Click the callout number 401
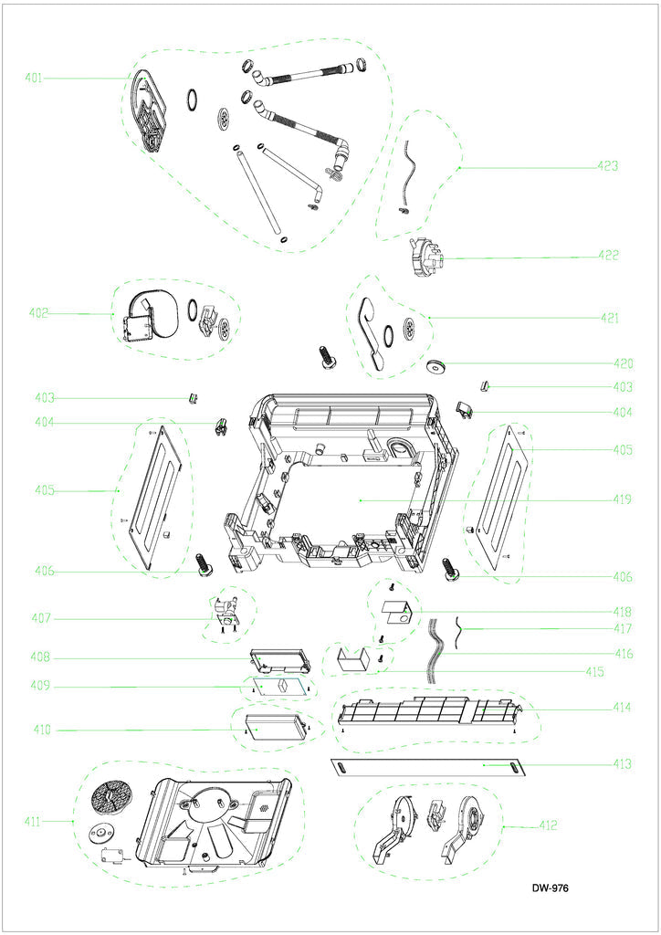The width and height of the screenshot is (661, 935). coord(34,79)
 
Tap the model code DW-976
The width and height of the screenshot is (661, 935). coord(551,888)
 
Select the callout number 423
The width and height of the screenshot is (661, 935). coord(608,166)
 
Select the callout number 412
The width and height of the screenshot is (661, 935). coord(547,826)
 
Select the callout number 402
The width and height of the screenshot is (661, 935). coord(38,313)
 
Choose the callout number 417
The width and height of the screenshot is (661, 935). coord(623,629)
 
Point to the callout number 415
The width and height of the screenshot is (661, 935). coord(594,671)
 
